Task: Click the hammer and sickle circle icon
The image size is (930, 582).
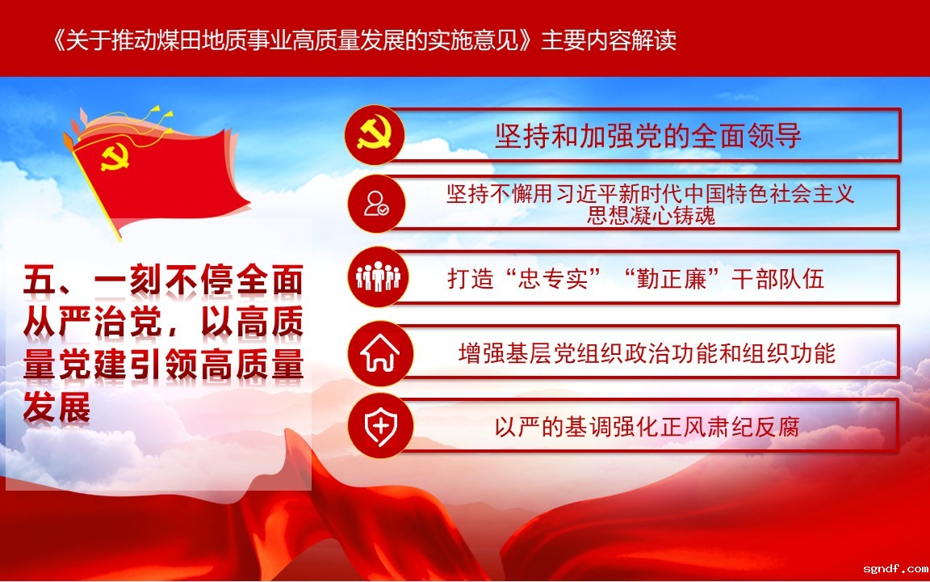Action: click(x=375, y=135)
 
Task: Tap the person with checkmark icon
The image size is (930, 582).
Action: click(x=376, y=204)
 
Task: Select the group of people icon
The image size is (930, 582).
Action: click(x=378, y=276)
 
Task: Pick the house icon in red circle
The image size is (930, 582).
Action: click(x=379, y=352)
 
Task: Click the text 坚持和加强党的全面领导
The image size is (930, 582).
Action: click(x=648, y=136)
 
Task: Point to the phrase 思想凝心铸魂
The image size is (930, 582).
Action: click(x=651, y=215)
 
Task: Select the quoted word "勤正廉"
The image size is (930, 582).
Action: click(x=672, y=279)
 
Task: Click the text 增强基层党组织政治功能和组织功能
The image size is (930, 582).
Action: click(x=647, y=353)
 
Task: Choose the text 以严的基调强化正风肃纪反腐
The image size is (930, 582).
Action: click(x=647, y=427)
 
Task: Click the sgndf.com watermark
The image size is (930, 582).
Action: click(x=895, y=569)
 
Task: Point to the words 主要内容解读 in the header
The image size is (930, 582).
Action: click(x=609, y=40)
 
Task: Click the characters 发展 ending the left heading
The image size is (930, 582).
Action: click(x=57, y=407)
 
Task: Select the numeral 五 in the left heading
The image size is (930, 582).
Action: click(x=40, y=280)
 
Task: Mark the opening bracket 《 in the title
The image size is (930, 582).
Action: click(x=59, y=40)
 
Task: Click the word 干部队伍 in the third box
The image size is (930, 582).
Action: click(x=777, y=279)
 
